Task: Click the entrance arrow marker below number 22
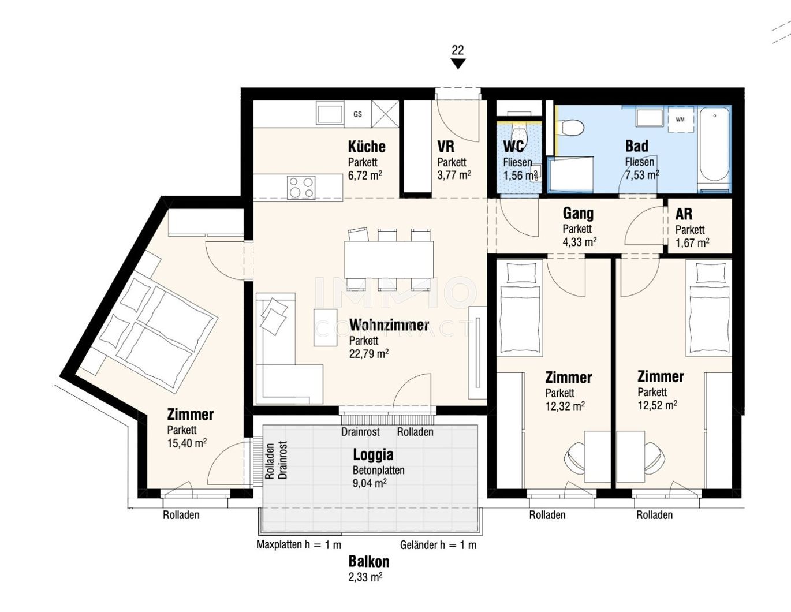458,64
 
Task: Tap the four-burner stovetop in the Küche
301,187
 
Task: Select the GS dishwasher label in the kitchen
357,114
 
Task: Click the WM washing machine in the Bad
680,120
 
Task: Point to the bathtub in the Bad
714,148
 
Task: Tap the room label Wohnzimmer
389,326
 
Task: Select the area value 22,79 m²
368,354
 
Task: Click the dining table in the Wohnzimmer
389,259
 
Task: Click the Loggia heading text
373,455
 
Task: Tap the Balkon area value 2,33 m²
365,576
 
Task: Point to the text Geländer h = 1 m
438,545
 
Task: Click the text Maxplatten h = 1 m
299,545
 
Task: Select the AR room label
684,214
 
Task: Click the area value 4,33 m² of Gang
580,242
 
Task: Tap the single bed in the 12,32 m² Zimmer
520,307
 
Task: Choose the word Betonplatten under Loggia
378,471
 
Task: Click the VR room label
446,147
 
